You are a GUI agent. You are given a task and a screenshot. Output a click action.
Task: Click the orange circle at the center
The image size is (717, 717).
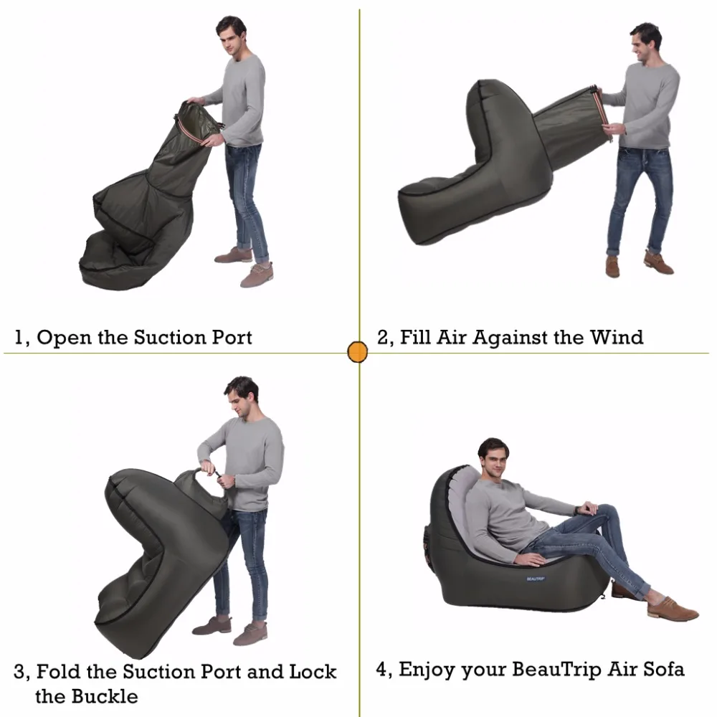pyautogui.click(x=357, y=352)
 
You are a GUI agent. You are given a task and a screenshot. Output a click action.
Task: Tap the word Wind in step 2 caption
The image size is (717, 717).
pyautogui.click(x=616, y=336)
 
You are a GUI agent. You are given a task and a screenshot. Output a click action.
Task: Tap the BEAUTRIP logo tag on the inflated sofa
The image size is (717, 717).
pyautogui.click(x=536, y=577)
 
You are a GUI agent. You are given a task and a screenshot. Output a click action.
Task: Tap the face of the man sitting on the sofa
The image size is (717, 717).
pyautogui.click(x=494, y=458)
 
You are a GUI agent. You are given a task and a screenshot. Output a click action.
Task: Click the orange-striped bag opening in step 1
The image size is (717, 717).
pyautogui.click(x=197, y=122)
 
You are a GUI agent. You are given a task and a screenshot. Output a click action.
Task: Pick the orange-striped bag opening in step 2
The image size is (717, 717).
pyautogui.click(x=599, y=108)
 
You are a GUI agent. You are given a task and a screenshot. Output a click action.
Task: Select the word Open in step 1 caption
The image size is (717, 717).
pyautogui.click(x=64, y=338)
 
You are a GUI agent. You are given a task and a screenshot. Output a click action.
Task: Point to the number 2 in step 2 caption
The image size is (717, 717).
pyautogui.click(x=383, y=337)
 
